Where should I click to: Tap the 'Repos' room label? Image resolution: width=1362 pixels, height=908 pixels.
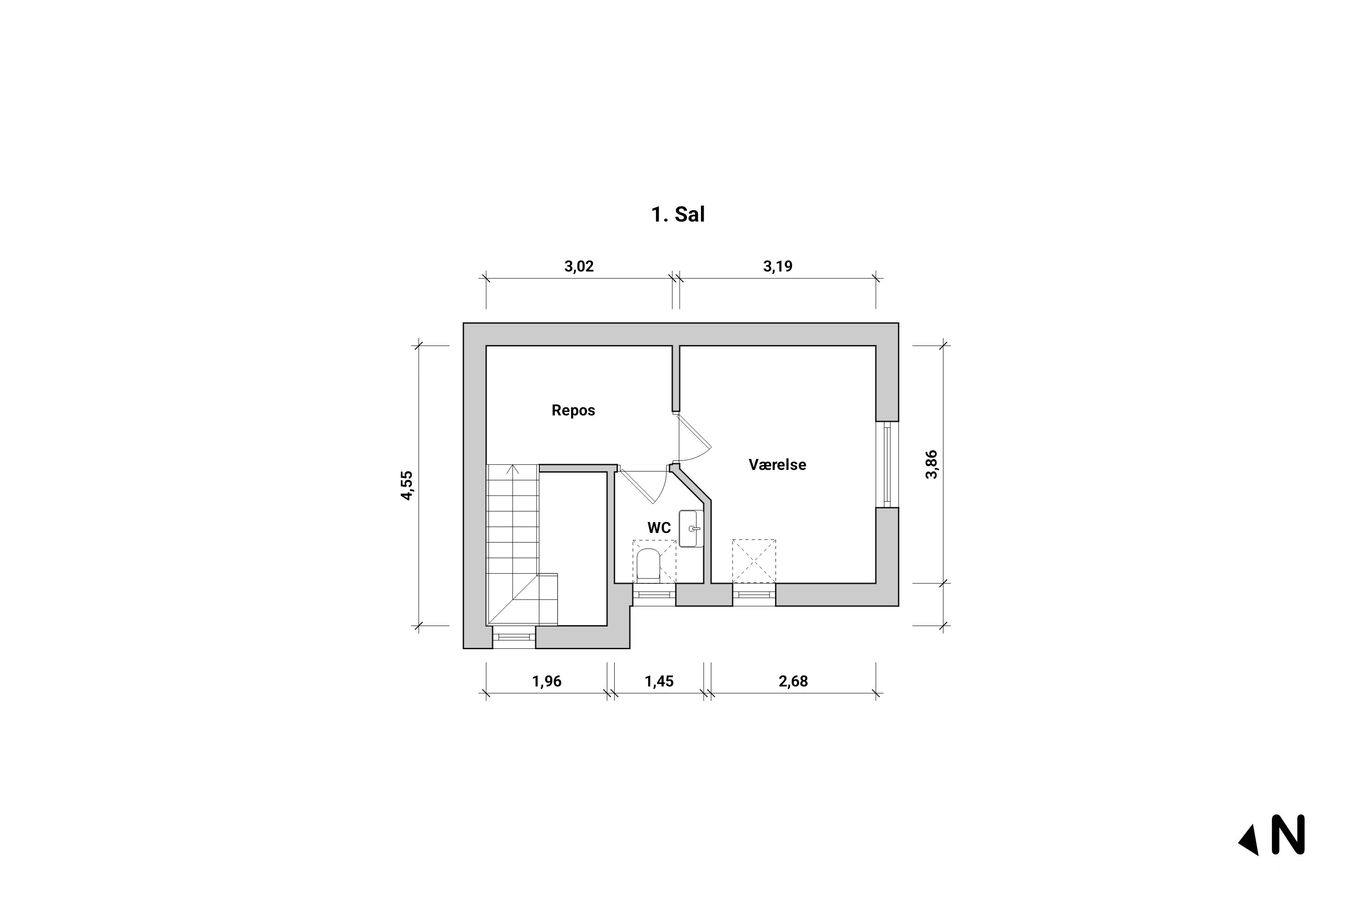coord(573,410)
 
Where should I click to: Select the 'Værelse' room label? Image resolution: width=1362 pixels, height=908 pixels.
coord(777,464)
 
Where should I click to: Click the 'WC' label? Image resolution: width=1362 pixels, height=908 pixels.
coord(659,528)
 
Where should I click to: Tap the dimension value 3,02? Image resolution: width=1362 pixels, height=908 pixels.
coord(579,266)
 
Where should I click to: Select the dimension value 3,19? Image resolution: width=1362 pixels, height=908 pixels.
coord(778,266)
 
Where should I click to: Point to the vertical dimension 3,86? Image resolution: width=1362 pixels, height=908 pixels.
coord(931,464)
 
